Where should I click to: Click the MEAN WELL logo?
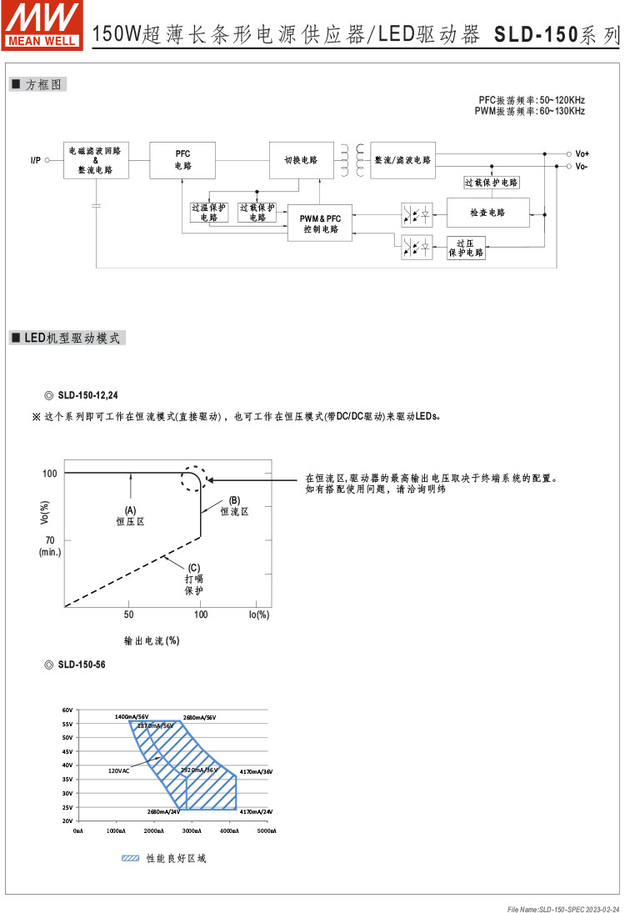point(42,23)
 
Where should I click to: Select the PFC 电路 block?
point(182,160)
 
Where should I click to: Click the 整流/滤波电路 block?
point(402,160)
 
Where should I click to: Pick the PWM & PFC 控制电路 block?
point(321,223)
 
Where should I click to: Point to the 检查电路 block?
point(487,213)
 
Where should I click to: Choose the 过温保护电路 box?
point(208,213)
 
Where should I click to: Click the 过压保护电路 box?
point(466,248)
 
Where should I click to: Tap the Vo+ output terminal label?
point(582,153)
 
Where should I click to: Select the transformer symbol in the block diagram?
point(352,160)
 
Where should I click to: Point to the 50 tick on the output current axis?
point(128,615)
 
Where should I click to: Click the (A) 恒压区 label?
point(130,515)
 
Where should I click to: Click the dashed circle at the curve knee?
point(193,478)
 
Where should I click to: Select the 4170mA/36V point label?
point(256,772)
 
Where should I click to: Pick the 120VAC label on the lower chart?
point(118,771)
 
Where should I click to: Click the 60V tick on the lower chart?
point(67,710)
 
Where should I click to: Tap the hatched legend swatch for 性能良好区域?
point(130,858)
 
